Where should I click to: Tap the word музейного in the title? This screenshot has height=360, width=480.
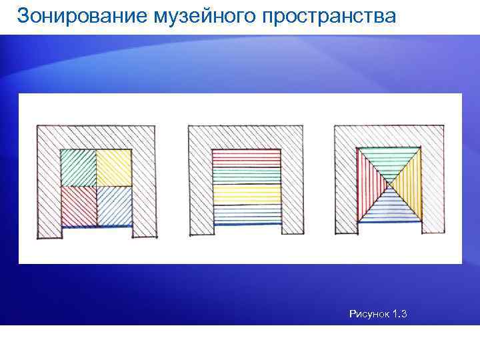coord(194,16)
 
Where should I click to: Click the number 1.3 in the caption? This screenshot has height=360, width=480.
coord(401,313)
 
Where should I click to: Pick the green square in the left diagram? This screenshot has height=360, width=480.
coord(78,168)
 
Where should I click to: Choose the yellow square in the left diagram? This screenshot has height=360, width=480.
coord(113,168)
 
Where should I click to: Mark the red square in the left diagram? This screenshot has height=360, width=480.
coord(78,205)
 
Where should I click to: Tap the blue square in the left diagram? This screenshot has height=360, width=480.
coord(113,205)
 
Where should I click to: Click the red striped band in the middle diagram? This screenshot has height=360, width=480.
coord(246,158)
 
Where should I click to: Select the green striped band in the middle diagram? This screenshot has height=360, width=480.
coord(246,175)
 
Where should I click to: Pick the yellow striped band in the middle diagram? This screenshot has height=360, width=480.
coord(246,194)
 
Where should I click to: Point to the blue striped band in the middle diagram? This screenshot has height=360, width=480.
coord(246,212)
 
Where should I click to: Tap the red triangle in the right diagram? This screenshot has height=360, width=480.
coord(369,185)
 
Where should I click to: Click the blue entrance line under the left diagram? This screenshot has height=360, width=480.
coord(97,227)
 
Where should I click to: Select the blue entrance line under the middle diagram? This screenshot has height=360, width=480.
coord(247,224)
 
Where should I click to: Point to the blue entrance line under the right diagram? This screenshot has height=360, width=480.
coord(390,222)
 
